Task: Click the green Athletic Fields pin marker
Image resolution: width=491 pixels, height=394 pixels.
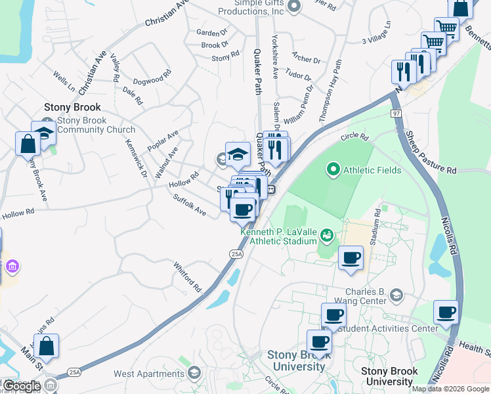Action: coord(333,171)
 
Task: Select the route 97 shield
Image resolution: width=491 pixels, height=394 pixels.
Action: coord(396,114)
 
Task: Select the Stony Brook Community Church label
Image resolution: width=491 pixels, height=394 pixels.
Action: coord(95,125)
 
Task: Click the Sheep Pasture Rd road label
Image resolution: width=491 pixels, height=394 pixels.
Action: coord(430,152)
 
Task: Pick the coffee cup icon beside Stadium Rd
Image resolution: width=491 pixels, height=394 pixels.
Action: coord(351,257)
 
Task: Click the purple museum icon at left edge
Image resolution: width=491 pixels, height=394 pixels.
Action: coord(12,267)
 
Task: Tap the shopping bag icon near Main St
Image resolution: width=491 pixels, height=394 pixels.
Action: coord(46,345)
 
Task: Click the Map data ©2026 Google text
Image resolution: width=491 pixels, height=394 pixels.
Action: coord(450,389)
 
